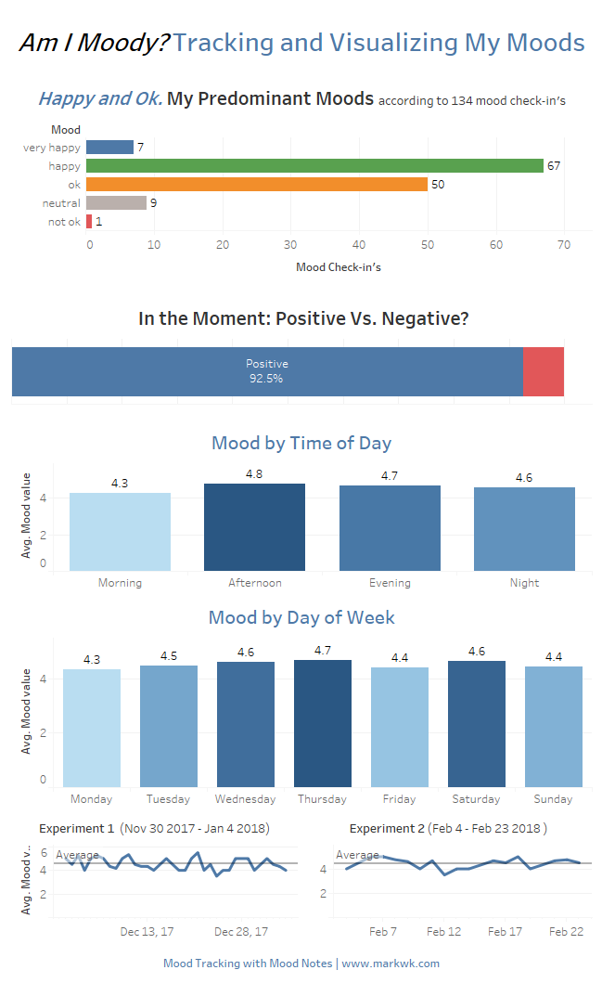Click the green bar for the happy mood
point(314,165)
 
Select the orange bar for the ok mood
point(257,184)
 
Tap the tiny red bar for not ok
point(89,221)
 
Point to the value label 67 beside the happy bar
point(554,166)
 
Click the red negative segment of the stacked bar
point(543,371)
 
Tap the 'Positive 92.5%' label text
point(266,371)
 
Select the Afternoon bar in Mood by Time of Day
point(254,526)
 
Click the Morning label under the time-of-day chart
point(120,583)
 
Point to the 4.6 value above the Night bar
point(524,477)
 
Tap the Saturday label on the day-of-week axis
point(476,799)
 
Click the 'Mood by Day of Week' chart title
point(301,617)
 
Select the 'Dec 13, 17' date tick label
point(147,931)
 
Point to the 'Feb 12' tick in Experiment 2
point(443,931)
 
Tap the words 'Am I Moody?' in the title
point(94,43)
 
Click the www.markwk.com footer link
point(391,964)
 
